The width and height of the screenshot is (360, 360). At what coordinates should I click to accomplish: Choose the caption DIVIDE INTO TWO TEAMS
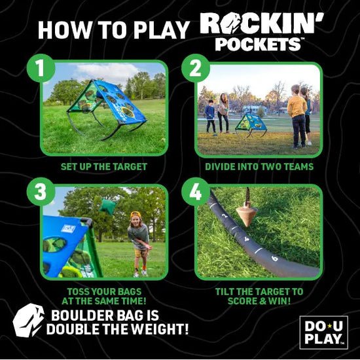click(259, 167)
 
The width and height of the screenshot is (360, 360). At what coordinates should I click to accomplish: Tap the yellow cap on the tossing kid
click(135, 216)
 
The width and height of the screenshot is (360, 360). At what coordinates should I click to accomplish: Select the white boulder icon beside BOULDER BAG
click(29, 320)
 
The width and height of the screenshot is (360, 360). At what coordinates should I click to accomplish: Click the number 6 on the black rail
click(274, 258)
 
